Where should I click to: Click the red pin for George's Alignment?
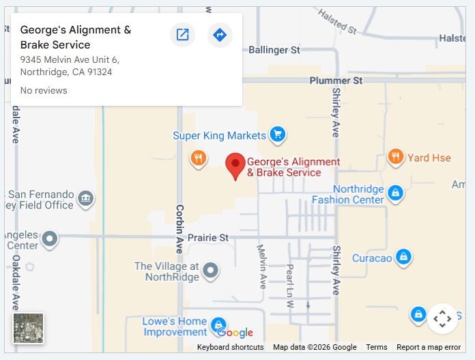(x=235, y=165)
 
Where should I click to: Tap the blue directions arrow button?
(x=220, y=35)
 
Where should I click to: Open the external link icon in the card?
(x=182, y=35)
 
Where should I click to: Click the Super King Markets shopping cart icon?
(x=276, y=135)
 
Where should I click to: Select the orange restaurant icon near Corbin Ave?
(x=198, y=158)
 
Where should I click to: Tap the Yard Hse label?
(x=429, y=158)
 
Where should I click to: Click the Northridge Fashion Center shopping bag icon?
(x=395, y=193)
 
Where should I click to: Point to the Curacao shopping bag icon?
(x=404, y=257)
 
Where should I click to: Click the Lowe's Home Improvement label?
(x=174, y=327)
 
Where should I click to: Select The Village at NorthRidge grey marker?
(x=211, y=271)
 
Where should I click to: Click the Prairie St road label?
(x=208, y=238)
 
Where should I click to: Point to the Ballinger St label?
(x=274, y=50)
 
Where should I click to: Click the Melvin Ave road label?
(x=261, y=266)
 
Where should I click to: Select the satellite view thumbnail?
(x=28, y=328)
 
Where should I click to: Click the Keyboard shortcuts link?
(x=230, y=347)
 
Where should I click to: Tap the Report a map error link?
(x=428, y=347)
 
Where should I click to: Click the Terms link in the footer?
(x=376, y=347)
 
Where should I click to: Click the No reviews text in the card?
(x=44, y=90)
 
